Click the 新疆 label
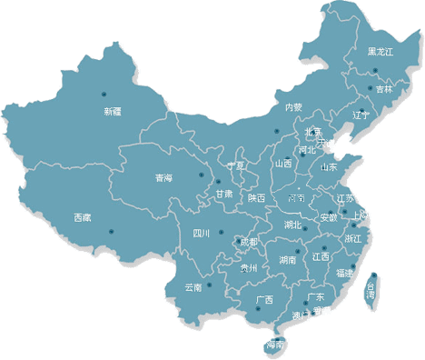tap(112, 112)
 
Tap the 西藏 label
tap(82, 217)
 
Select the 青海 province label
tap(163, 177)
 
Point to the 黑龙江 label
tap(381, 53)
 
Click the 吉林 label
tap(385, 89)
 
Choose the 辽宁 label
tap(361, 115)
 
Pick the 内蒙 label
tap(292, 107)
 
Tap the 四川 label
tap(202, 234)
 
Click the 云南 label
tap(193, 288)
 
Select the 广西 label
tap(264, 300)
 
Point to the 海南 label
tap(275, 345)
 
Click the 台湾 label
tap(371, 291)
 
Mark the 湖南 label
tap(288, 260)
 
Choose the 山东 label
tap(328, 167)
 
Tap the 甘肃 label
tap(223, 194)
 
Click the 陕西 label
tap(255, 198)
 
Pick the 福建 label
tap(345, 273)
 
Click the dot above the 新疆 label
tap(103, 94)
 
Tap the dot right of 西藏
tap(112, 230)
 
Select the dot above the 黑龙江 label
tap(374, 35)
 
